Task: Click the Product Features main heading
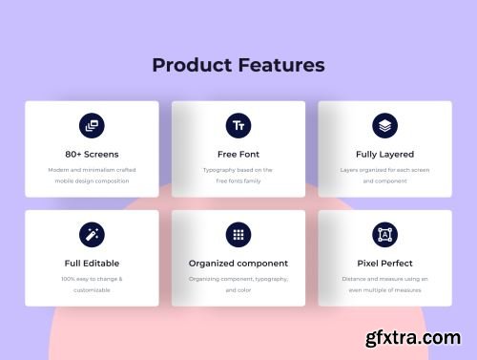point(238,65)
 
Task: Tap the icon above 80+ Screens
point(92,125)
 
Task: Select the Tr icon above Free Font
point(238,125)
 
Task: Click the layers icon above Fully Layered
point(384,125)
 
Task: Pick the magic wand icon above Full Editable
point(92,234)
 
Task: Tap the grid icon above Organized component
point(238,234)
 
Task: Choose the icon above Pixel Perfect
point(384,234)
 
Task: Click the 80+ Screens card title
point(92,154)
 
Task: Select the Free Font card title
point(238,154)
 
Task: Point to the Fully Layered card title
point(384,154)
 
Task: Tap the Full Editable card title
point(92,263)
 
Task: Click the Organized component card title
point(238,263)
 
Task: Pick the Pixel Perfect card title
point(384,263)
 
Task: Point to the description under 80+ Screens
point(92,175)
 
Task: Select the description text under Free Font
point(238,175)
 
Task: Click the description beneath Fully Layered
point(384,175)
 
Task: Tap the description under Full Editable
point(92,284)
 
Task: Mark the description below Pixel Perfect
point(384,284)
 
